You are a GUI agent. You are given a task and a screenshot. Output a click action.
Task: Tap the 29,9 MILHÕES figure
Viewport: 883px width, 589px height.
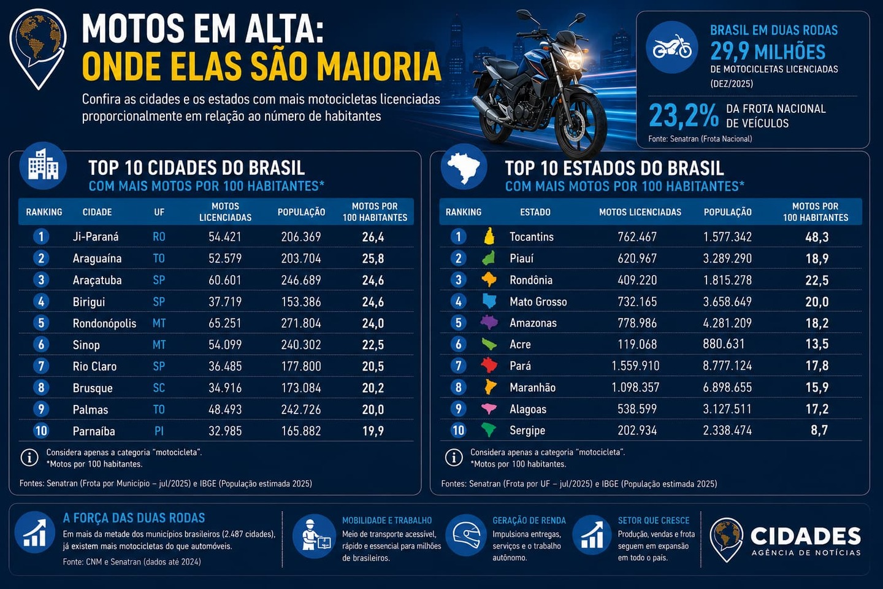click(768, 52)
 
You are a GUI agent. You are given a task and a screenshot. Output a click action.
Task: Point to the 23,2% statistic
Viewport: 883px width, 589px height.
click(684, 115)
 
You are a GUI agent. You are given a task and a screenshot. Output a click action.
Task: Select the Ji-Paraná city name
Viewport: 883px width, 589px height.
click(96, 237)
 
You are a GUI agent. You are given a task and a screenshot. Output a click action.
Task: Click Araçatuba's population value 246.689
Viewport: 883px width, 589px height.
click(301, 280)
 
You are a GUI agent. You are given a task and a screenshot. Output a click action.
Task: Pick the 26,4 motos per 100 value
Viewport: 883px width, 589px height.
click(373, 237)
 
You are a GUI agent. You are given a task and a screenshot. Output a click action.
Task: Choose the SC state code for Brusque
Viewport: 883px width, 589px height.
click(159, 388)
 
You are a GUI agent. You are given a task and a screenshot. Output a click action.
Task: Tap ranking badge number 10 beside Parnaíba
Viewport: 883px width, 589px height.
click(41, 431)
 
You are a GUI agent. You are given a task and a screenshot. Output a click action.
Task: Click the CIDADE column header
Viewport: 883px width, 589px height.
click(97, 212)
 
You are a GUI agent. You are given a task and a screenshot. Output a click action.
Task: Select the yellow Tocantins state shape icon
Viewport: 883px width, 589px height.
click(489, 236)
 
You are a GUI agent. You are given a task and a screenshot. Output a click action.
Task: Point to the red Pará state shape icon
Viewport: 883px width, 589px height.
click(489, 365)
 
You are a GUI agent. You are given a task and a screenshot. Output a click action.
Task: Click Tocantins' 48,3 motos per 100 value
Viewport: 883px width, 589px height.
click(817, 237)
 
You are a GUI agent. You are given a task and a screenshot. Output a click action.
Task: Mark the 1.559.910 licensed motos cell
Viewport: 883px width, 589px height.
click(635, 366)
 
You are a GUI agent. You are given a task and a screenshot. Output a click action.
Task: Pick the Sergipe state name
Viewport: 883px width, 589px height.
click(527, 431)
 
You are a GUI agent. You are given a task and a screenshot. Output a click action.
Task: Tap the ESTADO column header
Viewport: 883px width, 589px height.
click(535, 212)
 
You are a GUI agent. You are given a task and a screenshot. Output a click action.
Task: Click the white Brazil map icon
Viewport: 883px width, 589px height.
click(464, 167)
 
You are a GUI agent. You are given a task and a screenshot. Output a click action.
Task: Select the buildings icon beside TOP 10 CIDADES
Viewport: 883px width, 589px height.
click(43, 166)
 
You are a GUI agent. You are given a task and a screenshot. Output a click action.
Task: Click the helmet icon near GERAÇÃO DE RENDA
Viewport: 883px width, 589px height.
click(466, 535)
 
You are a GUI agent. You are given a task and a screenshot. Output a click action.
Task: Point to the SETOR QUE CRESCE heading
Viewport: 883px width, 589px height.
click(654, 520)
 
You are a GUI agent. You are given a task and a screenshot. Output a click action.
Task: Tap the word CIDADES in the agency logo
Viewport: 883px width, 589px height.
click(805, 536)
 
